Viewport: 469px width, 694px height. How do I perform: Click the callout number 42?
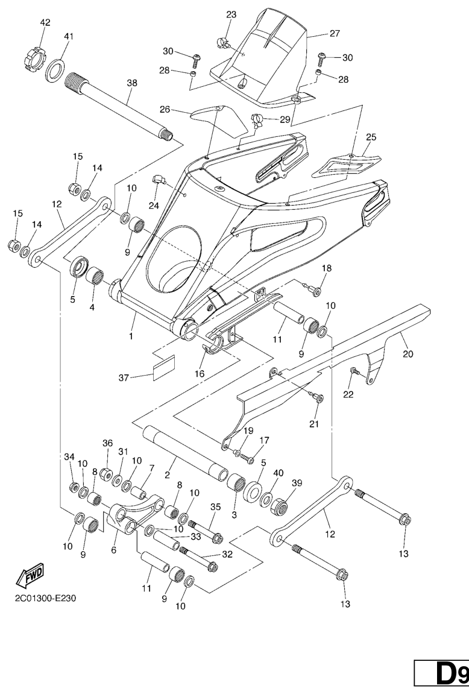click(x=45, y=22)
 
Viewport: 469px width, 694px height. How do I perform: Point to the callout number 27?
click(x=335, y=33)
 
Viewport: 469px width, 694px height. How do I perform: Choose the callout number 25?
click(x=371, y=137)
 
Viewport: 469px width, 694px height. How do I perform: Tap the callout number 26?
click(x=165, y=109)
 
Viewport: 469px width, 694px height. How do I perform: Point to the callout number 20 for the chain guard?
click(x=408, y=354)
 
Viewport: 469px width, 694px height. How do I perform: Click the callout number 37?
click(x=124, y=378)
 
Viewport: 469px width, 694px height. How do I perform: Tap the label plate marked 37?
click(x=163, y=368)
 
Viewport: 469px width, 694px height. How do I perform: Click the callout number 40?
click(x=278, y=472)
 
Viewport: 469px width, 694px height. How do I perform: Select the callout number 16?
click(x=200, y=374)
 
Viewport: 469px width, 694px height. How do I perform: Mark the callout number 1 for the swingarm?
click(x=131, y=336)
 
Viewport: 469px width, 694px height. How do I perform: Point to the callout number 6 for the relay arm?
click(x=114, y=550)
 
